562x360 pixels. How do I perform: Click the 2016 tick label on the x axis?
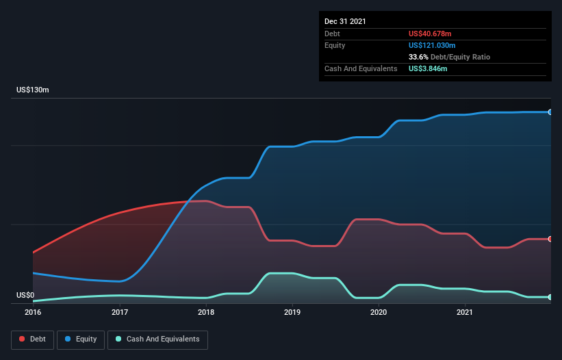33,312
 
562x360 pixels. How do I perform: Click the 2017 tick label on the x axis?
120,312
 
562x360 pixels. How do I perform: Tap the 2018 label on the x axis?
206,312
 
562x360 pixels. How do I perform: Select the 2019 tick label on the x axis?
292,312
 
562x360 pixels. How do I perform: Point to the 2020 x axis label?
379,312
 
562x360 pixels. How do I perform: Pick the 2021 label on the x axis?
465,312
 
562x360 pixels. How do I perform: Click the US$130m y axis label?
33,90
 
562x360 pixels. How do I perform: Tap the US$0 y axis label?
25,295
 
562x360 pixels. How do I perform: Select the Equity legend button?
81,339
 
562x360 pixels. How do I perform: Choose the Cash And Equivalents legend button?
157,339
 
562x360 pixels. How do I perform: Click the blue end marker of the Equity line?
550,112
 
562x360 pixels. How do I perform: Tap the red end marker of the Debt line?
550,239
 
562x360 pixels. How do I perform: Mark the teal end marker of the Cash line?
550,297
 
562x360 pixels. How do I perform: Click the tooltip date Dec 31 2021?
345,21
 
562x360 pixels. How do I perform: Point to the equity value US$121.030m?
435,45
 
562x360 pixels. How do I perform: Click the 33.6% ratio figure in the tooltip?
418,57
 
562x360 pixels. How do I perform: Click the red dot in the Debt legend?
23,339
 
